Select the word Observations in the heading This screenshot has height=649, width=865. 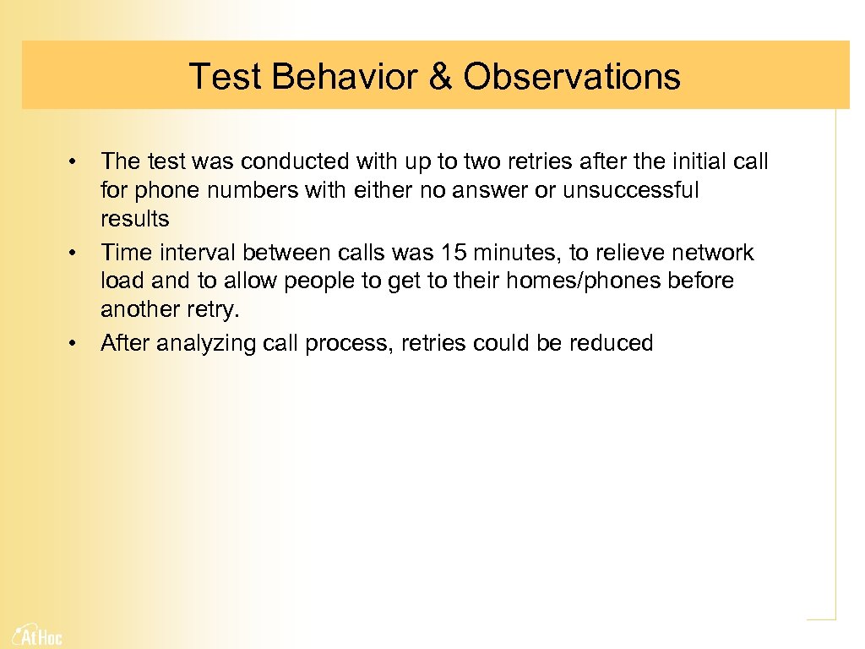tap(571, 76)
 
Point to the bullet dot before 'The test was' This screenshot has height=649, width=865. tap(74, 161)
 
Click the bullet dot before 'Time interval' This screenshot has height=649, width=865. tap(74, 253)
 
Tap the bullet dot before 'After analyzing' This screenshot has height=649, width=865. tap(74, 343)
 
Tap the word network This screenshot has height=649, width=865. tap(712, 253)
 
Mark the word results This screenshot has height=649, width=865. tap(134, 219)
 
